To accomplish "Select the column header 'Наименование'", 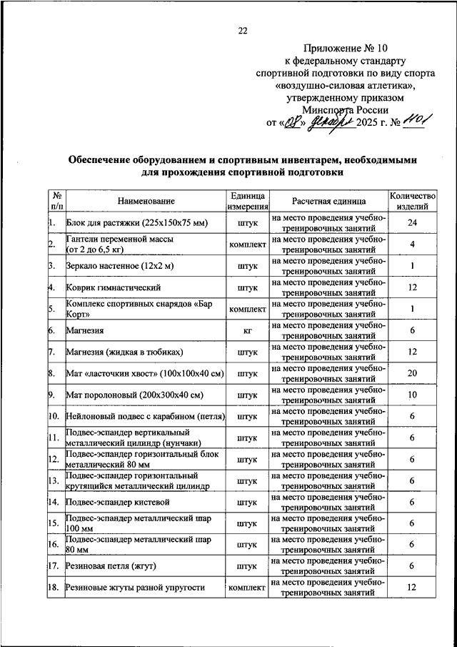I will click(x=146, y=202).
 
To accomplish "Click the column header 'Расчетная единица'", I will click(x=328, y=202).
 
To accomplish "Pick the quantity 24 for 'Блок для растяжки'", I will click(x=412, y=224).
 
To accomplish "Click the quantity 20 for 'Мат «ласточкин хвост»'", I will click(x=412, y=373).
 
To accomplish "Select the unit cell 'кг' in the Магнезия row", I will click(x=247, y=331).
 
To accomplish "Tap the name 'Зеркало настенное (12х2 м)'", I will click(x=121, y=267).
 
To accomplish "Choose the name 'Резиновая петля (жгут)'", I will click(x=111, y=566).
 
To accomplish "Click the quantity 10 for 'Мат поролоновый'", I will click(x=412, y=395).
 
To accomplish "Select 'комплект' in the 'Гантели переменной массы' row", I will click(x=247, y=245).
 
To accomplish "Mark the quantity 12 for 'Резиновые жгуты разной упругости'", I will click(x=412, y=588).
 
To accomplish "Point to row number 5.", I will click(x=52, y=310).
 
